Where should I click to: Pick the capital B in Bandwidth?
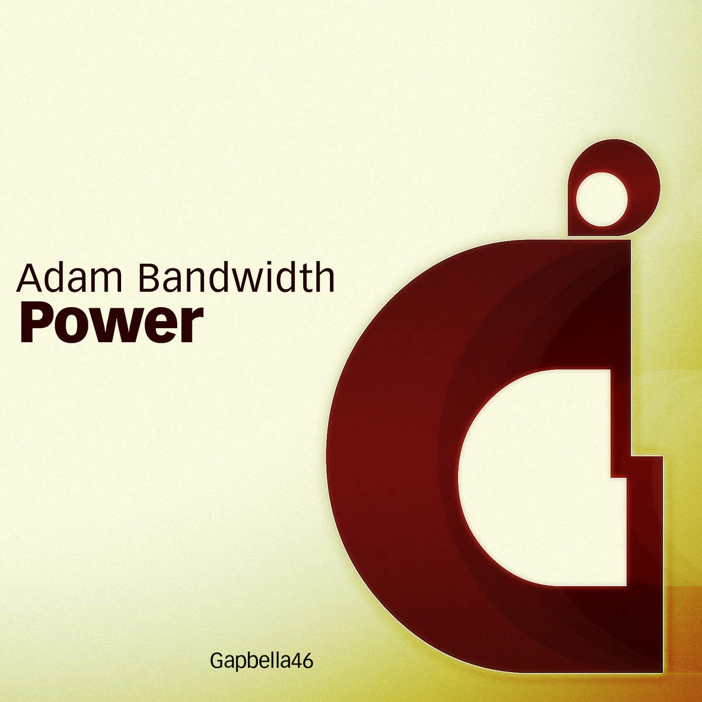pos(150,278)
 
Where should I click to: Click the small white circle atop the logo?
pos(601,199)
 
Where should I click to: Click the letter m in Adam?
pos(106,281)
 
